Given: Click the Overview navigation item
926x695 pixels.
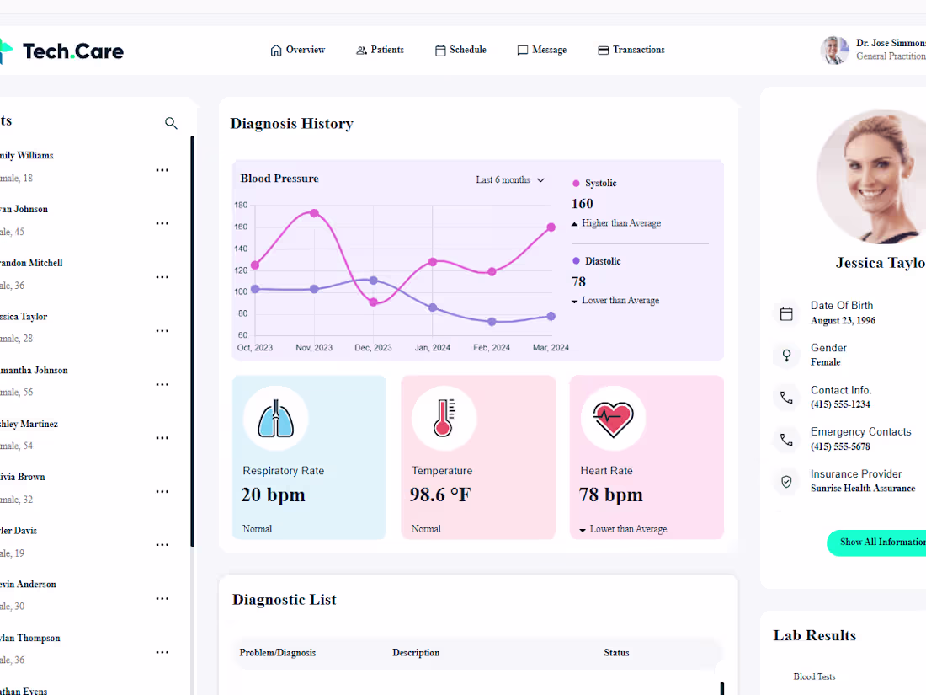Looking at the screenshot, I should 298,51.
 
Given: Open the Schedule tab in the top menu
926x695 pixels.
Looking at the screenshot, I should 460,51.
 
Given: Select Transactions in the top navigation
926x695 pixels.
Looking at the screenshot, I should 631,51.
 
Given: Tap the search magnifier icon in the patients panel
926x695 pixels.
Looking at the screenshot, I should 171,124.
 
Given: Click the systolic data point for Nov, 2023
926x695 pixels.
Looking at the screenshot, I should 314,213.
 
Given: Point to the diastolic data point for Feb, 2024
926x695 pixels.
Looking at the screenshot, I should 492,322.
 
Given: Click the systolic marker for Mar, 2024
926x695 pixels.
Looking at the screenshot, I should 551,227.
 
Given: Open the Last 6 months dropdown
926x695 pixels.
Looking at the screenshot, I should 510,180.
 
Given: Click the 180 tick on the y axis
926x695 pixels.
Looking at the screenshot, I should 241,206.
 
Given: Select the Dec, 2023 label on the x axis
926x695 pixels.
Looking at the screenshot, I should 373,348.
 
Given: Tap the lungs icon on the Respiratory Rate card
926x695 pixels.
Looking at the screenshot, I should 276,419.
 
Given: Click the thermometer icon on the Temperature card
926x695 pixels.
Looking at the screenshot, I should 444,419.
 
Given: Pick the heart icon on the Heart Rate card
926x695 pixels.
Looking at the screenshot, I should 613,419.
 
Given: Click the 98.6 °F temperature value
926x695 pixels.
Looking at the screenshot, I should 440,495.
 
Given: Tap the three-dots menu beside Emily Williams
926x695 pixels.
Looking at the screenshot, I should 162,170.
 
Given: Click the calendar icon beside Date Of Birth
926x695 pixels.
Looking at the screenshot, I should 786,314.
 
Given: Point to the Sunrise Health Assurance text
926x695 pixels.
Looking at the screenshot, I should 862,489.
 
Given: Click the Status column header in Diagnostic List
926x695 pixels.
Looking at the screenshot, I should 616,653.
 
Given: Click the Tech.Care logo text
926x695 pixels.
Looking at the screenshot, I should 73,51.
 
